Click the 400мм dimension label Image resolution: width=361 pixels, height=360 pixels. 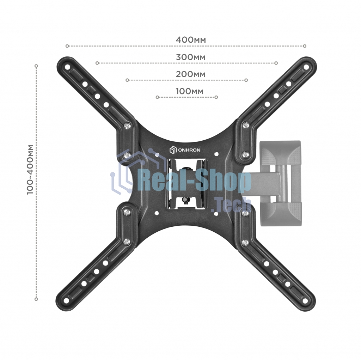191,40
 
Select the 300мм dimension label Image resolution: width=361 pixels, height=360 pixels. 191,57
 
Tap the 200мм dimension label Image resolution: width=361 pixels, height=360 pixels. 191,74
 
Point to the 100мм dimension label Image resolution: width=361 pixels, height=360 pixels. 190,91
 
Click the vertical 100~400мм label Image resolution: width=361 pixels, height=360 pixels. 30,170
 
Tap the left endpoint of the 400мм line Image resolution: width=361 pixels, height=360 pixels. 67,46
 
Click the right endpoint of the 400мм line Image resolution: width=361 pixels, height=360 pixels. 305,46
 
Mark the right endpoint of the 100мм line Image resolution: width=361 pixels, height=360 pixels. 216,97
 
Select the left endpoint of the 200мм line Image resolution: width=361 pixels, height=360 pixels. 127,80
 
